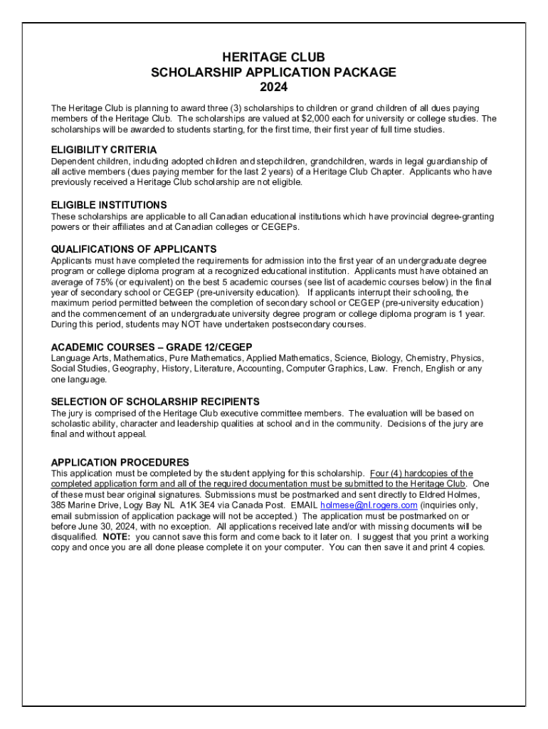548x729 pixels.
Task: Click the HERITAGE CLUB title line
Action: (x=274, y=57)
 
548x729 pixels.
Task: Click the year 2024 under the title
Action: (x=274, y=88)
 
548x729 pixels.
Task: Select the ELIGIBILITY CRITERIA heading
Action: (x=104, y=150)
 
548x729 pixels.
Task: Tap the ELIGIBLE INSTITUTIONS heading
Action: (x=109, y=205)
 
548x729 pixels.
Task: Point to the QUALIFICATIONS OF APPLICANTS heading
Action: (x=134, y=249)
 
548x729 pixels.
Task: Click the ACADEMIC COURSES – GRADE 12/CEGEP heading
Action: (x=152, y=347)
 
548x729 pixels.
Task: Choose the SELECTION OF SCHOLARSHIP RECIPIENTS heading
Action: (x=155, y=402)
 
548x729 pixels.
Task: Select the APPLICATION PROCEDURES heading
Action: (x=120, y=462)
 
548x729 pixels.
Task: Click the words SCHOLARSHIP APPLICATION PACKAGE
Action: (x=274, y=73)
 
